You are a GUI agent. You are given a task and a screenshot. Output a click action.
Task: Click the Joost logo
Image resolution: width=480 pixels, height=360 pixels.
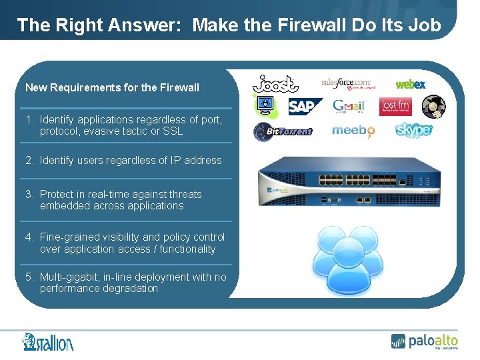(275, 84)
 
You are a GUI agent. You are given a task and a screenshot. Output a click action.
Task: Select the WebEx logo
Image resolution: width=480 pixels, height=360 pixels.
(411, 84)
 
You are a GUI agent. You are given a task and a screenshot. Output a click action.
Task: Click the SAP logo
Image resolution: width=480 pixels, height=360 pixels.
(305, 107)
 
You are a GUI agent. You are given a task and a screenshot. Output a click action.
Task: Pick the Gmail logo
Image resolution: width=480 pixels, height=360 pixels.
(349, 107)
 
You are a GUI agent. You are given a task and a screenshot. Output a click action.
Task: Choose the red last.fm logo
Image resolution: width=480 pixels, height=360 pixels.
(395, 107)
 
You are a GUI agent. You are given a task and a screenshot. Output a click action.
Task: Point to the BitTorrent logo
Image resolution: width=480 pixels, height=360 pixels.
(283, 131)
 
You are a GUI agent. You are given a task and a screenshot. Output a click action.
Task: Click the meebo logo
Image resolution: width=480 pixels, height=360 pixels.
(353, 130)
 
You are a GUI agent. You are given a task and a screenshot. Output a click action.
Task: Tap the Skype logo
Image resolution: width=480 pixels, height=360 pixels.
(413, 129)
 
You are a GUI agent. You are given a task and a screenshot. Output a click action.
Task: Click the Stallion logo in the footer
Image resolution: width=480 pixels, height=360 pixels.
(47, 342)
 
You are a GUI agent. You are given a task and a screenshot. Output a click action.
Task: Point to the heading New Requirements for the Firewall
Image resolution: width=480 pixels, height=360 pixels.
(112, 87)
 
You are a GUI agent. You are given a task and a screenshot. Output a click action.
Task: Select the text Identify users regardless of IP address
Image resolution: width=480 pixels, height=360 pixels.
(130, 160)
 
